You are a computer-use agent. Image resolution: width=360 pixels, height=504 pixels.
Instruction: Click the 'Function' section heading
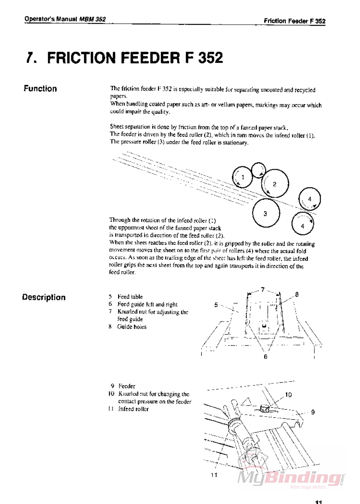(40, 89)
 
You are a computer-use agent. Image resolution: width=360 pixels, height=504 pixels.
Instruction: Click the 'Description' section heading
(44, 297)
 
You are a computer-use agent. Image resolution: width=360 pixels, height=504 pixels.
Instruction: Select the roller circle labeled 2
(275, 184)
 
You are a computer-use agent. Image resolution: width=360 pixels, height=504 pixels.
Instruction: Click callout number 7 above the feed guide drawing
(263, 290)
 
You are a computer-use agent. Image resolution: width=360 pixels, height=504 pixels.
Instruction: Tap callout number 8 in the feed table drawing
(297, 295)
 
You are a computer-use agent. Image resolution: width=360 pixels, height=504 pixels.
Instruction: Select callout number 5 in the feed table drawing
(216, 305)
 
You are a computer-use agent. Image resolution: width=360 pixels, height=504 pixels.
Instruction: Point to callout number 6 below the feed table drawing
(265, 357)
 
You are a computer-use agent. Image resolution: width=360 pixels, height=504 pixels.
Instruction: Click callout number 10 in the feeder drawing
(288, 395)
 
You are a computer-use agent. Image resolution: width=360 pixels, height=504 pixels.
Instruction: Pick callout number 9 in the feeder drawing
(313, 412)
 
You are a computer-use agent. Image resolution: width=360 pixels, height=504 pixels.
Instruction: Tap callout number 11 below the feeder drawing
(214, 475)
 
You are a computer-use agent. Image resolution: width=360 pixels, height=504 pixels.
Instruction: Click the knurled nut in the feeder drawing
(265, 408)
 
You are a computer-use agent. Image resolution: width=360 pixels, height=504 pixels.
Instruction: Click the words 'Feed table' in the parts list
(130, 297)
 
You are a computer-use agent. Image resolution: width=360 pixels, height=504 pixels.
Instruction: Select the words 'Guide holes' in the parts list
(132, 327)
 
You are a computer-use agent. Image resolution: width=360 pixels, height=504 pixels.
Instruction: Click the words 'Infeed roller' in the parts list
(133, 409)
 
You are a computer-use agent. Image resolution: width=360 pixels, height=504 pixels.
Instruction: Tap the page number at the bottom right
(318, 502)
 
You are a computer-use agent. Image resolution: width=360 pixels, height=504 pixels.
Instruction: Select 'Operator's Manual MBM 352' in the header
(65, 19)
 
